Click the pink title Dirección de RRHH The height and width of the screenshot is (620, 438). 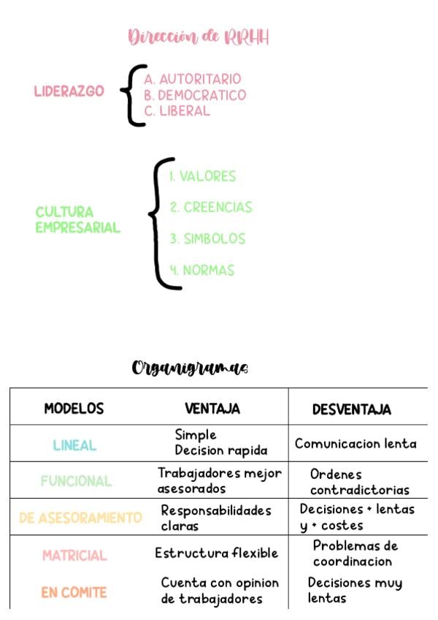pyautogui.click(x=199, y=37)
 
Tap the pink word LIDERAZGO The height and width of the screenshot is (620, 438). pyautogui.click(x=69, y=91)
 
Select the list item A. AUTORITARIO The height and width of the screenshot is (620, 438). pyautogui.click(x=192, y=79)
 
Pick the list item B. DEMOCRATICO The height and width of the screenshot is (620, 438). pyautogui.click(x=195, y=95)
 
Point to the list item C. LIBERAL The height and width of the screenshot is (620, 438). pyautogui.click(x=177, y=110)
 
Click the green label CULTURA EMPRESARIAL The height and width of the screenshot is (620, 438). pyautogui.click(x=78, y=219)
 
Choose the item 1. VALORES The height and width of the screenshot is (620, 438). pyautogui.click(x=203, y=176)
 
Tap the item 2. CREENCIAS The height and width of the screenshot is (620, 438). pyautogui.click(x=211, y=207)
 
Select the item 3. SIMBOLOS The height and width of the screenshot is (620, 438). pyautogui.click(x=208, y=238)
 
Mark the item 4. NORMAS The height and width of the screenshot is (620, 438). pyautogui.click(x=202, y=270)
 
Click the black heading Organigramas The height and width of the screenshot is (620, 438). pyautogui.click(x=190, y=368)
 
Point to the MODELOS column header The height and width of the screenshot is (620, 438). pyautogui.click(x=74, y=409)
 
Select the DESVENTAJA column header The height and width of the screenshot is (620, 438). pyautogui.click(x=352, y=409)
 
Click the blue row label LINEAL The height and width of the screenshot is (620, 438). pyautogui.click(x=74, y=445)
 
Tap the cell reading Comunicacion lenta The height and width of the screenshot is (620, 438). pyautogui.click(x=356, y=444)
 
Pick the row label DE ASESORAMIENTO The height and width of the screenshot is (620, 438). pyautogui.click(x=80, y=518)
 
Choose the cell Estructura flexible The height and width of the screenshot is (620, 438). pyautogui.click(x=216, y=553)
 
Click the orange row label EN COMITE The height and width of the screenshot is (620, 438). pyautogui.click(x=74, y=592)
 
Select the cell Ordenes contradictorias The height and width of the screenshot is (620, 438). pyautogui.click(x=359, y=482)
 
